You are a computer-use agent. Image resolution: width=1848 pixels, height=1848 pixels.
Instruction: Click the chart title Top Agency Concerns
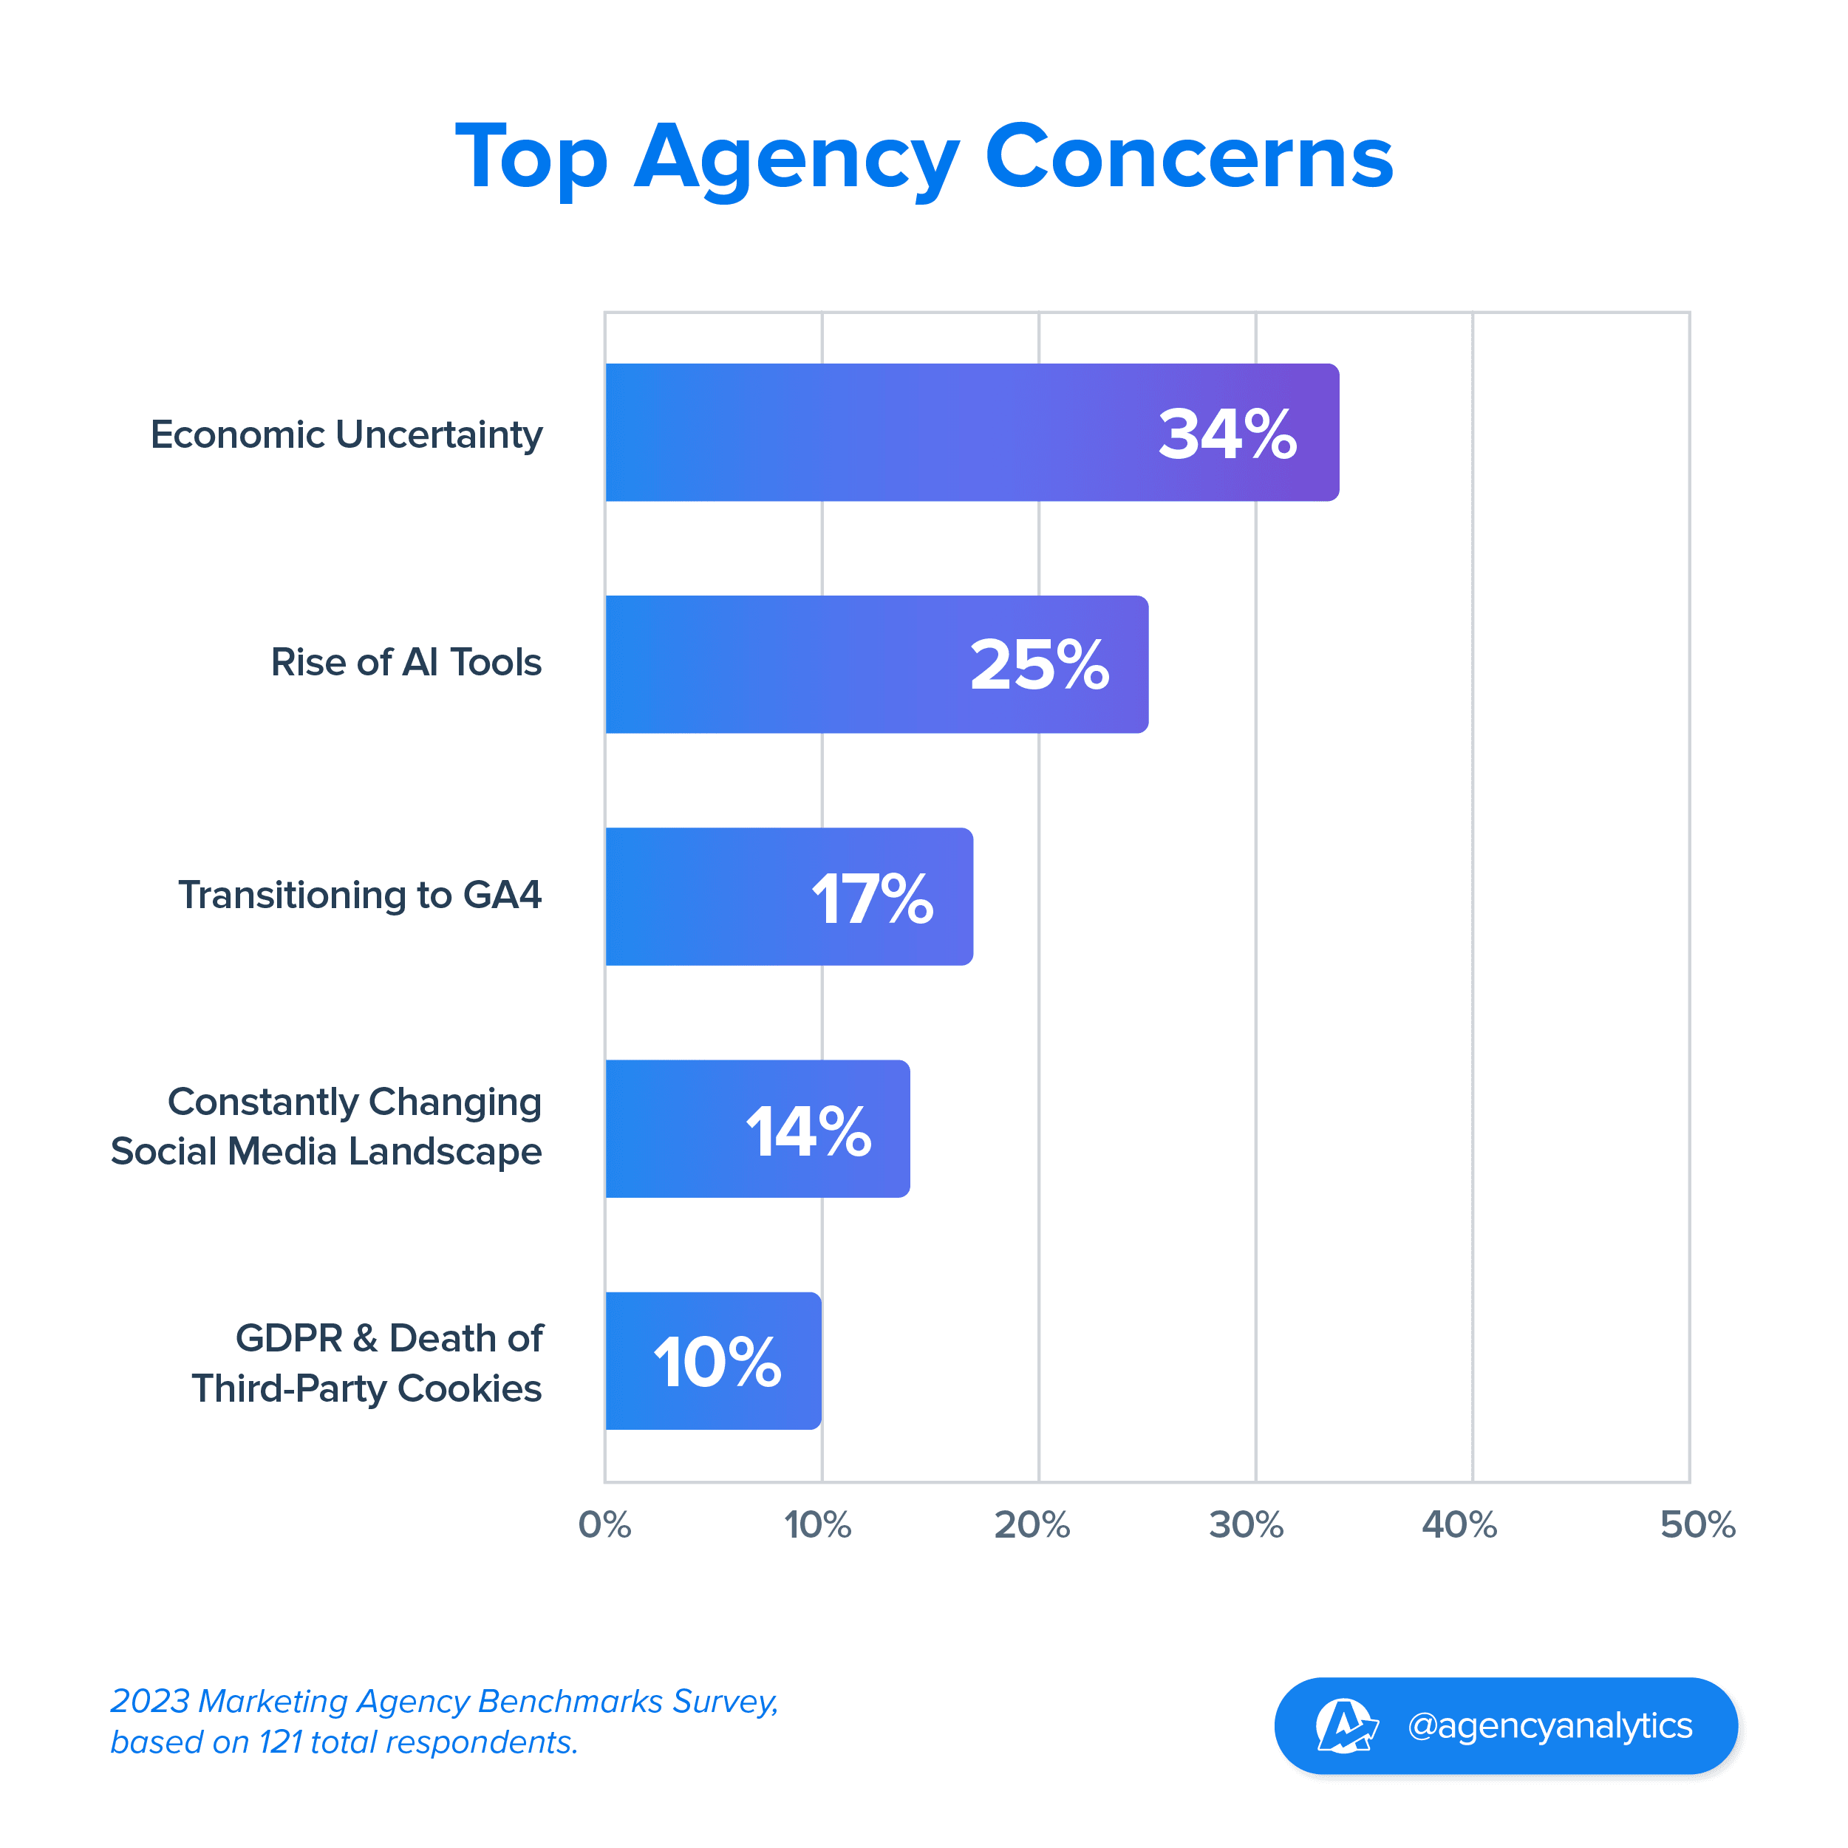tap(924, 158)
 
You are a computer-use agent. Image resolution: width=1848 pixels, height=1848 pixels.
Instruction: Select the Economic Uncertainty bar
tap(861, 432)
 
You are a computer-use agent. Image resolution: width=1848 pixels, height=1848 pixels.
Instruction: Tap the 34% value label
tap(1227, 434)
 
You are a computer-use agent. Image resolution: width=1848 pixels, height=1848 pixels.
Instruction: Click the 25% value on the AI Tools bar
tap(1040, 665)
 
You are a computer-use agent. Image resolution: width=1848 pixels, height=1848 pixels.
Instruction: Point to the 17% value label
tap(873, 899)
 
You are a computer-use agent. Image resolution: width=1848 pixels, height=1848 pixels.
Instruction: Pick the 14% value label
tap(808, 1131)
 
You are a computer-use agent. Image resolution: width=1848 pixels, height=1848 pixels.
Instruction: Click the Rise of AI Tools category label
tap(406, 663)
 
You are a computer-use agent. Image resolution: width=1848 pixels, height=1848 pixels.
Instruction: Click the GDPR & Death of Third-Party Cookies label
tap(367, 1363)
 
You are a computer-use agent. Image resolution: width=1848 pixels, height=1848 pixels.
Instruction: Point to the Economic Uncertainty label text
tap(347, 435)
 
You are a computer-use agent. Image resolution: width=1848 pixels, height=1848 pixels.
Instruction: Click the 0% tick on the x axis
tap(604, 1524)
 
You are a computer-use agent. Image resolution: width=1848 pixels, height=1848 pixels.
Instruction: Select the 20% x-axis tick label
tap(1032, 1524)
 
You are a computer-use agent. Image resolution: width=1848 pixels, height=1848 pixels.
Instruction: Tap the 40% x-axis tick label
tap(1459, 1524)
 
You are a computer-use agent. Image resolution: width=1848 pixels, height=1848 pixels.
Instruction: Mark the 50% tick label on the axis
tap(1697, 1524)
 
